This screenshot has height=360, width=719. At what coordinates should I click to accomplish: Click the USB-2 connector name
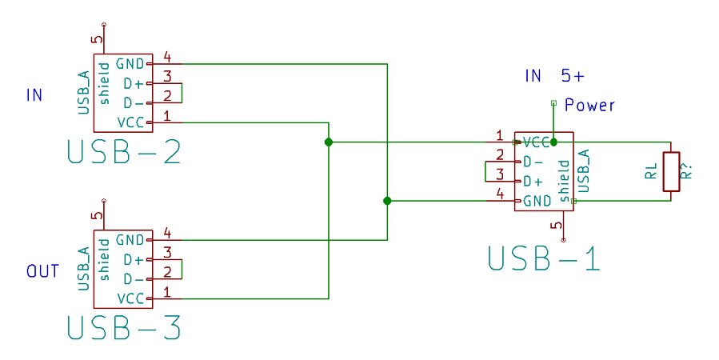click(124, 152)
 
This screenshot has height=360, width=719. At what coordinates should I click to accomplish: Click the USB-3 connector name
click(124, 328)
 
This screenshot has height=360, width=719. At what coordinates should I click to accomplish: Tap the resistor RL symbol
click(670, 172)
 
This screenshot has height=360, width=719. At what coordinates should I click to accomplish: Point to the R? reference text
click(685, 171)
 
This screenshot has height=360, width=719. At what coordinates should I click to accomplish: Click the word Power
click(589, 105)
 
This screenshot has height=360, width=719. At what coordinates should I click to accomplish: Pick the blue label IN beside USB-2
click(34, 95)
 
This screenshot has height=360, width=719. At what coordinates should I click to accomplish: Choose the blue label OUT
click(42, 271)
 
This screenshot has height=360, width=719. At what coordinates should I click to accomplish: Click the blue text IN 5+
click(554, 77)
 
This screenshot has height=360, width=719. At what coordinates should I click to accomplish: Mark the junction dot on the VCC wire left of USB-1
click(329, 142)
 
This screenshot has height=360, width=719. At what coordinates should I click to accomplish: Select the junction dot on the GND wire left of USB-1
click(387, 201)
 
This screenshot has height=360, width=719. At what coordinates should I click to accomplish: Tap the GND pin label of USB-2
click(129, 63)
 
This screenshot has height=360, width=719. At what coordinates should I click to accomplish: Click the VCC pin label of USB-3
click(129, 298)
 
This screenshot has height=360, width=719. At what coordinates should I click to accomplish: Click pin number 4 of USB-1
click(500, 194)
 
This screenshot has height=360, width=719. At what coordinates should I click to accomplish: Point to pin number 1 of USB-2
click(167, 116)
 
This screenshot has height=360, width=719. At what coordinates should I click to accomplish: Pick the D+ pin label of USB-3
click(132, 259)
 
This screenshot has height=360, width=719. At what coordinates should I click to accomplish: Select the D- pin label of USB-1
click(533, 161)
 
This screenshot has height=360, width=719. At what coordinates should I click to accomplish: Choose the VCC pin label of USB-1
click(536, 142)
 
